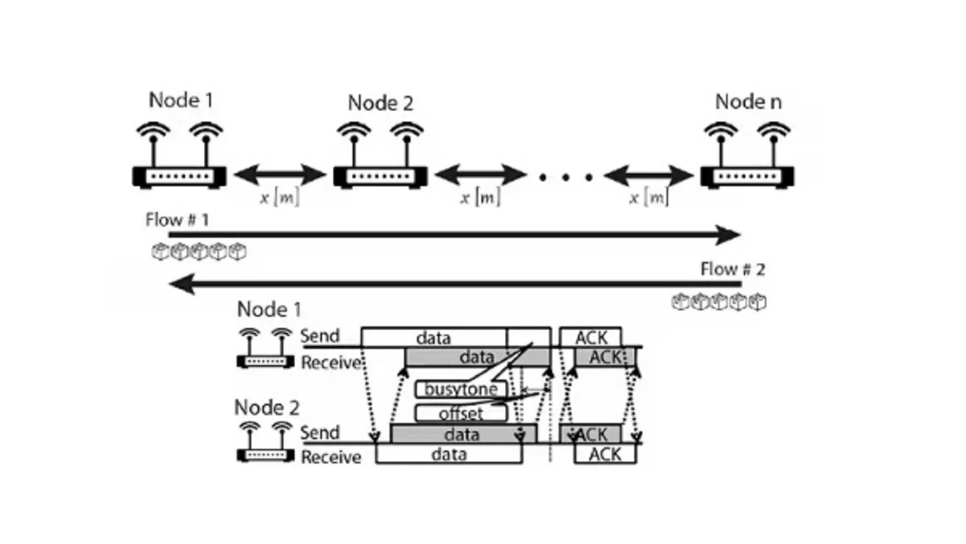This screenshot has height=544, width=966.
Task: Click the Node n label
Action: click(748, 101)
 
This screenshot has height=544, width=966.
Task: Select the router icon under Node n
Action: click(746, 175)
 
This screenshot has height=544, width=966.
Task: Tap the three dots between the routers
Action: click(565, 177)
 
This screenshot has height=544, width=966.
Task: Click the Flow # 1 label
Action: click(177, 220)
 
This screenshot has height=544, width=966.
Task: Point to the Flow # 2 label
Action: click(732, 269)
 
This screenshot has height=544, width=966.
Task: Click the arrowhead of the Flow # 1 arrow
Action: click(728, 235)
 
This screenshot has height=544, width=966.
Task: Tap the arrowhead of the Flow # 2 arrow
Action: click(181, 284)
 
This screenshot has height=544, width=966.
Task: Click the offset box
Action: click(460, 413)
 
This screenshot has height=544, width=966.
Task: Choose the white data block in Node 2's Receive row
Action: click(448, 454)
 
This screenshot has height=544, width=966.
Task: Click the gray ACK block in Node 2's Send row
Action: click(591, 434)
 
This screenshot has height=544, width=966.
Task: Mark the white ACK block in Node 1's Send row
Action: click(590, 337)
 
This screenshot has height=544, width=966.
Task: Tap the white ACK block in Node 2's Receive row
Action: click(605, 454)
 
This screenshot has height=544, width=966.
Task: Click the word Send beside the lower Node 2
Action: click(320, 434)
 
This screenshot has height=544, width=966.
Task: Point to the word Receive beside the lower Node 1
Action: click(331, 363)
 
